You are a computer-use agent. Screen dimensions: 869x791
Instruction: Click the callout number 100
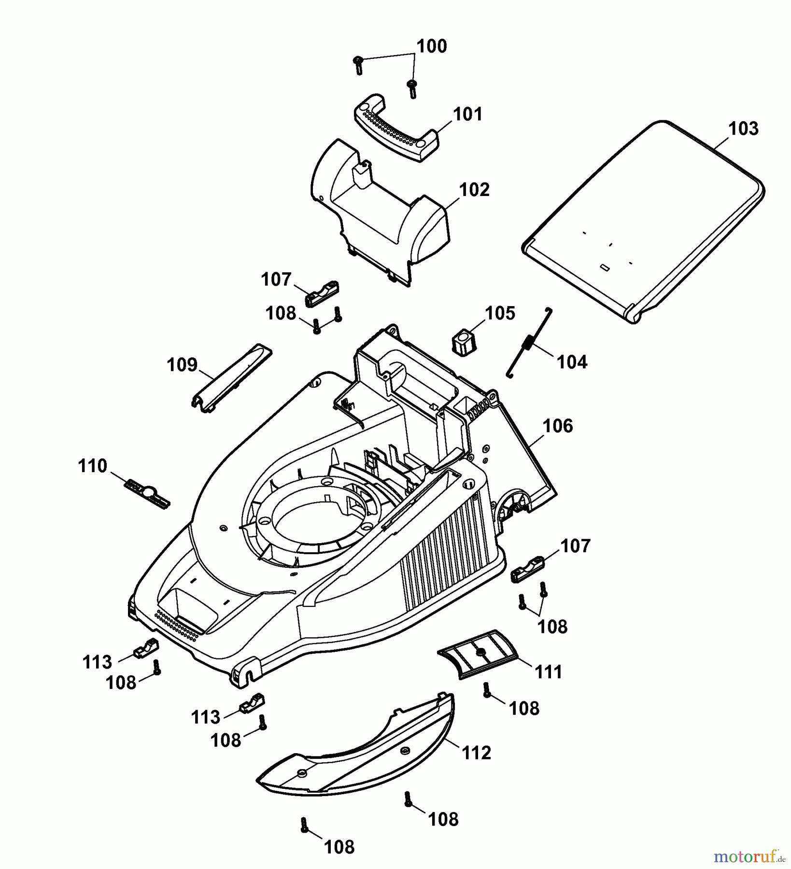point(431,47)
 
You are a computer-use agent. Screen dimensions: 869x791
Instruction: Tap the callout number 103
point(743,129)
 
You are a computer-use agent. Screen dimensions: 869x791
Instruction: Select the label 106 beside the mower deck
point(557,426)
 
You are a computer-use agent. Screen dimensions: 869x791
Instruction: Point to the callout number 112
point(476,753)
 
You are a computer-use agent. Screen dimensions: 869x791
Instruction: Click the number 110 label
point(92,466)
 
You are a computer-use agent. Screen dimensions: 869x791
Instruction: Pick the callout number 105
point(500,313)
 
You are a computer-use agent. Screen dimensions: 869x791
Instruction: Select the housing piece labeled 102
point(381,212)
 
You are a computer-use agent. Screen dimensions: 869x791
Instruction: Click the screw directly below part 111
point(487,689)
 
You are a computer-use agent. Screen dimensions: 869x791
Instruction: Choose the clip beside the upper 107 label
point(321,292)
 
